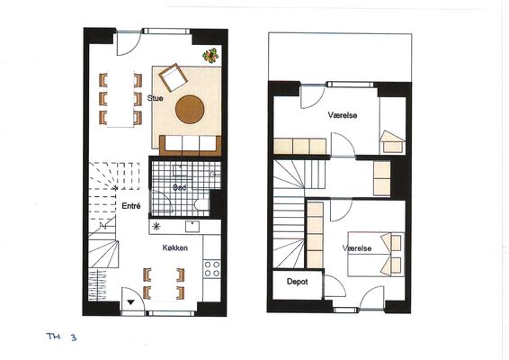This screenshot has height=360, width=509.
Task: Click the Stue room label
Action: coord(156,98)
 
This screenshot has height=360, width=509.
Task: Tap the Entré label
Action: coord(131,206)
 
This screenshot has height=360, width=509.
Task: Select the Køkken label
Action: coord(175,247)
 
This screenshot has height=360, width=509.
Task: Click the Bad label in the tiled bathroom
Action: coord(180,187)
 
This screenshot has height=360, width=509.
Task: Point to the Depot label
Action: coord(297,282)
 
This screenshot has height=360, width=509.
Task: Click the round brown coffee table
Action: coord(190,110)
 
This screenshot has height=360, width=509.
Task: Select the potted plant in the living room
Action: coord(210,56)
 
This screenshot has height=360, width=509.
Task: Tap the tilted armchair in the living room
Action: coord(173,77)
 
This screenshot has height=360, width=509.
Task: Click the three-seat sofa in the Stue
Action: coord(191,145)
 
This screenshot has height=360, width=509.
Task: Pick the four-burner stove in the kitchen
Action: coord(212,269)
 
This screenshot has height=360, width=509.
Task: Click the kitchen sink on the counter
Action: coord(192,227)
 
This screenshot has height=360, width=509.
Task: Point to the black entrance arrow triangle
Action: coord(130,302)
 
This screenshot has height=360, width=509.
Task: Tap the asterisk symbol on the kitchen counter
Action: coord(156,227)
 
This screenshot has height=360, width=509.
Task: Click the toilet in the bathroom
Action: coord(201,204)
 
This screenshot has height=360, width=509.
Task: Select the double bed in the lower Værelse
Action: coord(376,254)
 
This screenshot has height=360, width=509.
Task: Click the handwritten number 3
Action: coord(74,337)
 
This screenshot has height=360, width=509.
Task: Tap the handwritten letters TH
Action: coord(54,336)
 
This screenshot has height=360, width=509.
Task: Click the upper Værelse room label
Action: coord(343,115)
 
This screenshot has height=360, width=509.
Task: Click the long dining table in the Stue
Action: coord(121,99)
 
